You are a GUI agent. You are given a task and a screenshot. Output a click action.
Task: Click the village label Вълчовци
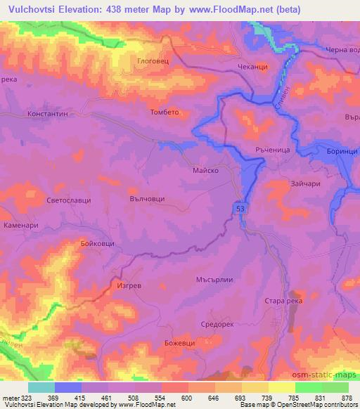point(148,200)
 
